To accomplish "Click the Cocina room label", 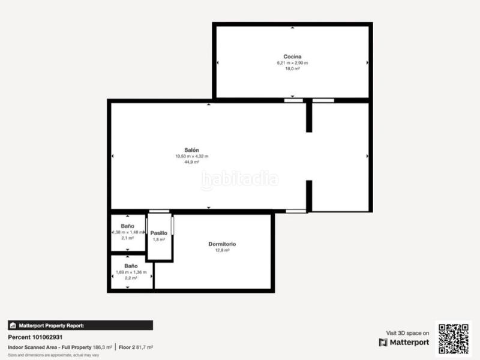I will pyautogui.click(x=292, y=57).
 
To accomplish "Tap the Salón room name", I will pyautogui.click(x=191, y=150).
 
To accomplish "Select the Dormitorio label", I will pyautogui.click(x=222, y=244).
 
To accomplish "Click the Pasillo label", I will pyautogui.click(x=159, y=233).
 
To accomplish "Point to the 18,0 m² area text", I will pyautogui.click(x=292, y=69).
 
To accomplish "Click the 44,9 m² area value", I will pyautogui.click(x=191, y=162).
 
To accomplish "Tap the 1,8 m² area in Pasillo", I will pyautogui.click(x=159, y=239).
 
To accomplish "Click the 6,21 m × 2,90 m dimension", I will pyautogui.click(x=292, y=63).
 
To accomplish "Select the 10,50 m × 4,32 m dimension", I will pyautogui.click(x=191, y=156).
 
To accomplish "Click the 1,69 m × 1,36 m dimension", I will pyautogui.click(x=131, y=272).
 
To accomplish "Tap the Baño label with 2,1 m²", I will pyautogui.click(x=128, y=226).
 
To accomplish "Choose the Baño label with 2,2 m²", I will pyautogui.click(x=131, y=265).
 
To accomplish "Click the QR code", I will pyautogui.click(x=454, y=338).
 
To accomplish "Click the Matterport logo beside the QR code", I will pyautogui.click(x=404, y=343).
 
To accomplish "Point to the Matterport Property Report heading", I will pyautogui.click(x=51, y=325).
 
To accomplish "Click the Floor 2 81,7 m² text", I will pyautogui.click(x=136, y=347).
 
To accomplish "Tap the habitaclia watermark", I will pyautogui.click(x=239, y=179).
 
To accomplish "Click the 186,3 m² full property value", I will pyautogui.click(x=103, y=347).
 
